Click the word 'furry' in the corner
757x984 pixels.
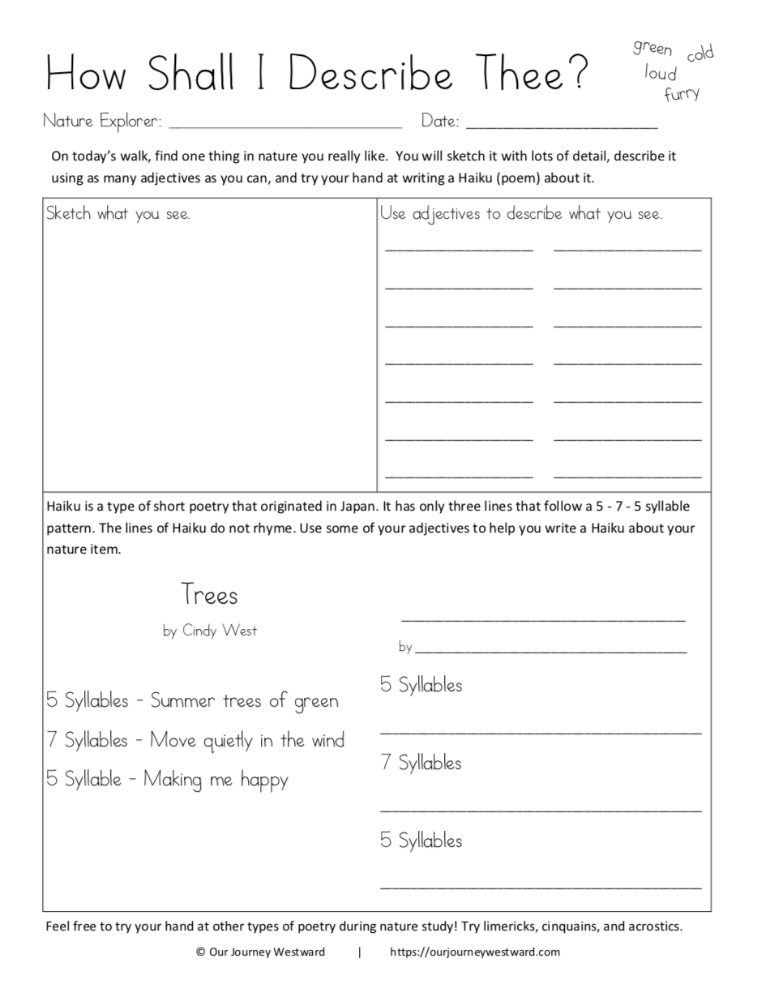[682, 94]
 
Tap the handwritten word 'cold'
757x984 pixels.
[700, 54]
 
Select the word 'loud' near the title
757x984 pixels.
[661, 73]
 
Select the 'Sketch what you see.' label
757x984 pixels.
[118, 214]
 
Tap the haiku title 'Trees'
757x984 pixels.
[210, 595]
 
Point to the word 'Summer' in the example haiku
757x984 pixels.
[182, 701]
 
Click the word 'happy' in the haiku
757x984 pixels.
[264, 781]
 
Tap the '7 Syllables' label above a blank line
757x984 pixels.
[421, 763]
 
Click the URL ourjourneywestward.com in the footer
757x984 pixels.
[475, 952]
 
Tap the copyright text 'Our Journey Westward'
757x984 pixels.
[267, 952]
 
